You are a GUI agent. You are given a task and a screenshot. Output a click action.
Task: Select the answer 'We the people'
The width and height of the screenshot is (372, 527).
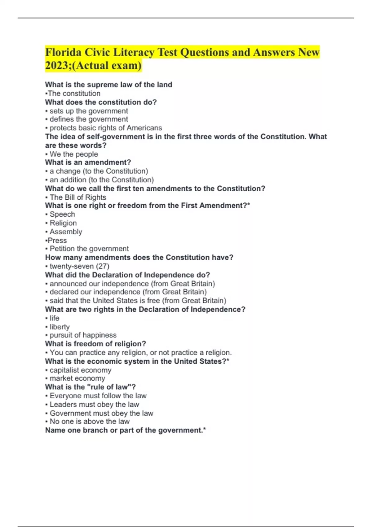[73, 154]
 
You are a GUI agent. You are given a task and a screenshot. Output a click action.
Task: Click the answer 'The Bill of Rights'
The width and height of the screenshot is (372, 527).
[78, 197]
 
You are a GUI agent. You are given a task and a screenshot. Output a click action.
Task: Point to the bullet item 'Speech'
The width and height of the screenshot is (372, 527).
[62, 214]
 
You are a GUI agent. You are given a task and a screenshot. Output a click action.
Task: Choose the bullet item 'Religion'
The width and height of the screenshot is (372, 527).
[63, 223]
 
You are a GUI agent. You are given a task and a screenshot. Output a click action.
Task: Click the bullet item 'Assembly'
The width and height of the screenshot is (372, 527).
[66, 232]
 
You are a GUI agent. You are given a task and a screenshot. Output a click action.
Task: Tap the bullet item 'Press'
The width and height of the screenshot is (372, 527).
[57, 240]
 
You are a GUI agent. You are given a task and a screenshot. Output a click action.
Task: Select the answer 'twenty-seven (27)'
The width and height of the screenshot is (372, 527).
[79, 266]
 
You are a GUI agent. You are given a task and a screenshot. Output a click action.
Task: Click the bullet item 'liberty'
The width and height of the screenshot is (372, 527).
[60, 327]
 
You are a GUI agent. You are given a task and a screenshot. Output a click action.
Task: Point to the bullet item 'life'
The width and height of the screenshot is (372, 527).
[54, 318]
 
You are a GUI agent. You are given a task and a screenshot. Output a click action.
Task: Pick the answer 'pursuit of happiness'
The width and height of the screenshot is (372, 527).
[83, 335]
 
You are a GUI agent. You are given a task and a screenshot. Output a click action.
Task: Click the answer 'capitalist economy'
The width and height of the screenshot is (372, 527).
[80, 370]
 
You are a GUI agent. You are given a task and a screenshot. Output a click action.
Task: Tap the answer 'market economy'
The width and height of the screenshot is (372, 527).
[77, 378]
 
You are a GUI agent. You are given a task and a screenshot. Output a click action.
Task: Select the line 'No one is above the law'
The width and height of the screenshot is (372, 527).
[90, 421]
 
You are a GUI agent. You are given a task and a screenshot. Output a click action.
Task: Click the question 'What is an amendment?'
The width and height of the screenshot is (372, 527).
[88, 162]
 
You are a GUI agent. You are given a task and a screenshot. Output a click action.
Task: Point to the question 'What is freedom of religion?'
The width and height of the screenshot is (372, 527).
[95, 344]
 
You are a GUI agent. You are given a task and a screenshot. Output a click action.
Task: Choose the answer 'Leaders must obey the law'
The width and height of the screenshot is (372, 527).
[94, 404]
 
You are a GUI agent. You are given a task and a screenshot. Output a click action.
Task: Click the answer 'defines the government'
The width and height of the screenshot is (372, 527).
[89, 119]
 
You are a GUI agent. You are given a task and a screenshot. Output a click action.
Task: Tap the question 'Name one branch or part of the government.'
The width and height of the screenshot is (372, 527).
[125, 430]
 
